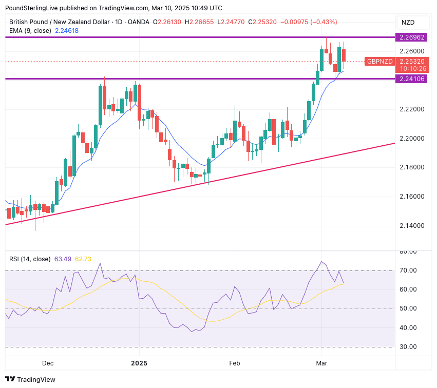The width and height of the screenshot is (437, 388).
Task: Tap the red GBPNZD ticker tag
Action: [379, 62]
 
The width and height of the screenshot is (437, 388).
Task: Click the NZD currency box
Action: [408, 22]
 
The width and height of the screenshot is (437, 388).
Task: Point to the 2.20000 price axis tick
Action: [411, 139]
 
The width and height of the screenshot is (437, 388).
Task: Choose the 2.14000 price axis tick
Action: [411, 226]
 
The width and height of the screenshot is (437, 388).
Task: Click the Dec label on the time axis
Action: [48, 363]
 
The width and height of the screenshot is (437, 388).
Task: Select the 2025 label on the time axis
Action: [139, 363]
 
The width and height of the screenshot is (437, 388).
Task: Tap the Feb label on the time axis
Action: [235, 363]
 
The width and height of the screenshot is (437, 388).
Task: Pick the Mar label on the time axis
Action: [322, 363]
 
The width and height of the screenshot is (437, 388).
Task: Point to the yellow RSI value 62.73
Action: [83, 259]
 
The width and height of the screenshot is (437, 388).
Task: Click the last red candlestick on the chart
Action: [344, 55]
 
